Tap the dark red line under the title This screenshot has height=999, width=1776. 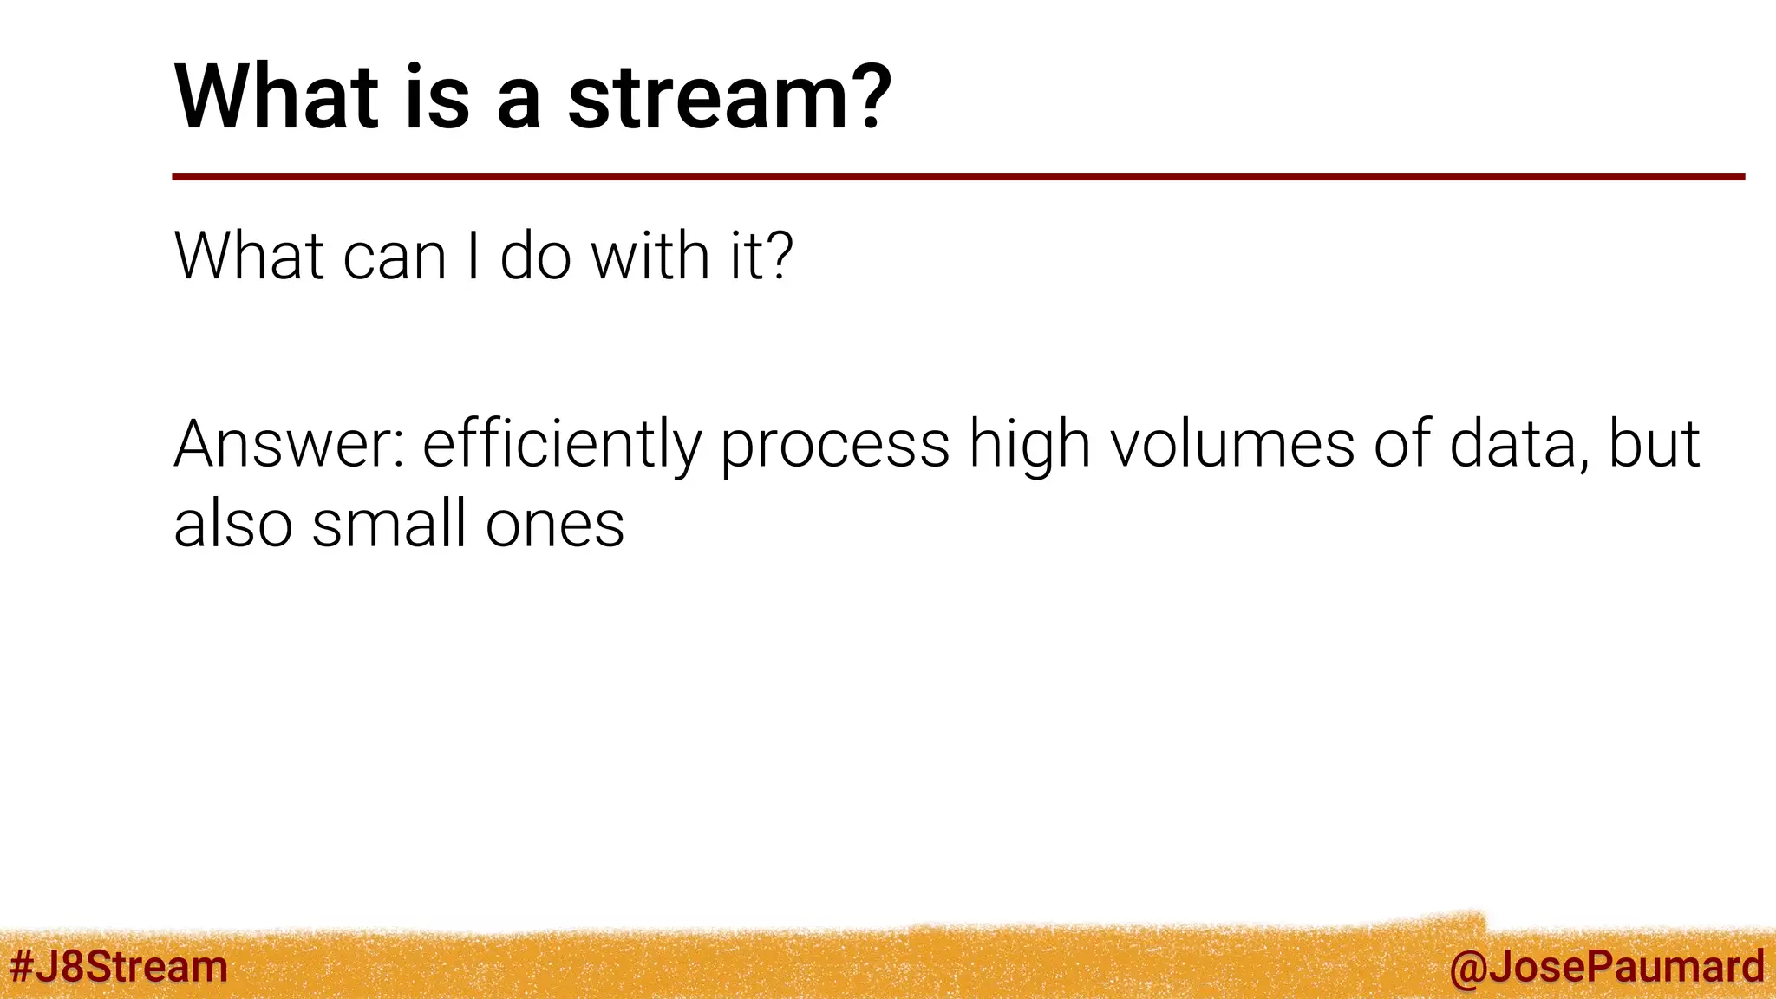954,177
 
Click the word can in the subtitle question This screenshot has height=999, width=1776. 395,258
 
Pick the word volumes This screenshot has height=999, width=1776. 1233,444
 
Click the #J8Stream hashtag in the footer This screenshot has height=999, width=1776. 118,967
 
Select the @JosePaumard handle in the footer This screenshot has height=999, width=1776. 1606,967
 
